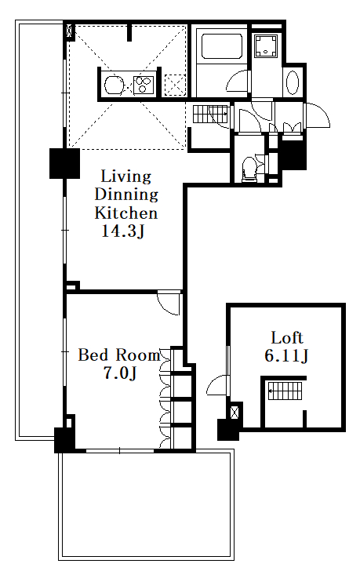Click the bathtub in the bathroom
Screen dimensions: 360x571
(222, 46)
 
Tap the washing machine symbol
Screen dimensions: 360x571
(265, 45)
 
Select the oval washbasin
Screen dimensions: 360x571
(293, 82)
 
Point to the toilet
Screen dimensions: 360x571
(249, 169)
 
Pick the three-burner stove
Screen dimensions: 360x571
(144, 85)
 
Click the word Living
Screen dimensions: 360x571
(126, 176)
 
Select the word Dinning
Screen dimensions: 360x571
(126, 195)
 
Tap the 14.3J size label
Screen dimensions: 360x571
(123, 231)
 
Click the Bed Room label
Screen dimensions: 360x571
(119, 355)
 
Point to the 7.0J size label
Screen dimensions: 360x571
(120, 373)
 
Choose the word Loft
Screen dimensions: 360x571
(287, 338)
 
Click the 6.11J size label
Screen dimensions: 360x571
(286, 356)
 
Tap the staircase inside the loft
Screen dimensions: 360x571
(285, 391)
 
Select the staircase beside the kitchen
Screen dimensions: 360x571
(210, 114)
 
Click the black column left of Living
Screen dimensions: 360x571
(64, 163)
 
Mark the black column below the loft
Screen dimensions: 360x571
(228, 430)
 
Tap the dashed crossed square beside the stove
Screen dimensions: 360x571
(176, 85)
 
